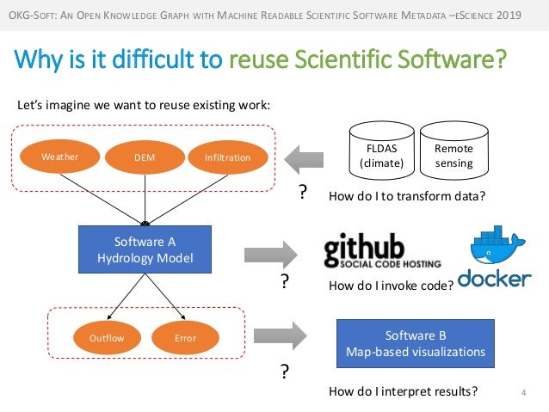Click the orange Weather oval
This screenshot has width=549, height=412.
point(59,157)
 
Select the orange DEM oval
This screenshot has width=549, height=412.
point(143,157)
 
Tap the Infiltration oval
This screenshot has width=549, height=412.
point(227,157)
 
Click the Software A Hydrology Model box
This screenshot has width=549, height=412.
point(145,249)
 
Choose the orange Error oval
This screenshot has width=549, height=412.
point(185,338)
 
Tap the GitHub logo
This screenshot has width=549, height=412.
point(383,250)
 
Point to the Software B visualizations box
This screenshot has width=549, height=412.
point(415,342)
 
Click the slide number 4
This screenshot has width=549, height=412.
point(523,394)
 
